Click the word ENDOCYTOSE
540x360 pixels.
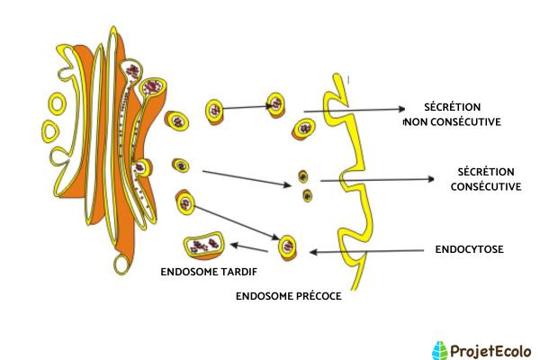[468, 247]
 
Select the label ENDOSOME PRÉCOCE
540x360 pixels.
[288, 295]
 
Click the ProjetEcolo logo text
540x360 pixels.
[491, 349]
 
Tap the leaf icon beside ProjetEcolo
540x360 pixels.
[440, 349]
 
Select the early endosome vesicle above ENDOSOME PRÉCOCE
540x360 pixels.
[288, 244]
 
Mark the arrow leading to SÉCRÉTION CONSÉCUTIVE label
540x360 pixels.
[378, 179]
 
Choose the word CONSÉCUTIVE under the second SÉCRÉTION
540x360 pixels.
[486, 186]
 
